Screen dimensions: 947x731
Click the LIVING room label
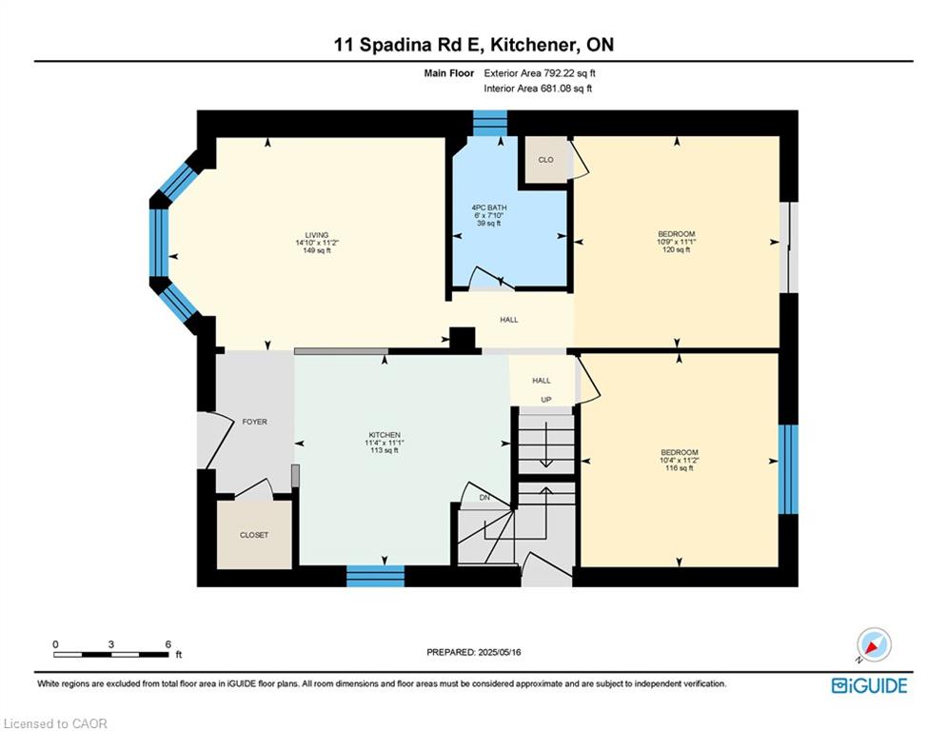[x=317, y=235]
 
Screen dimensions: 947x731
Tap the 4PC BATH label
[x=489, y=207]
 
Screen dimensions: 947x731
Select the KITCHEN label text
[x=385, y=435]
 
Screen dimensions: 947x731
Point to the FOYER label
[x=254, y=422]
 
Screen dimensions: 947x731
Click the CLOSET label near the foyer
[x=254, y=535]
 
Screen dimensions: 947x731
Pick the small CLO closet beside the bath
[x=546, y=160]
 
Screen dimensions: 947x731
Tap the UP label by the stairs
[x=546, y=400]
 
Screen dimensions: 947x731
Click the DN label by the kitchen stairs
[x=484, y=498]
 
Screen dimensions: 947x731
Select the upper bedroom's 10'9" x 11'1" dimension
[x=677, y=242]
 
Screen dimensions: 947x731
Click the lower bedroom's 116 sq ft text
[x=680, y=468]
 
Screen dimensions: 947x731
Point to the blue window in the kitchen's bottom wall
[x=375, y=576]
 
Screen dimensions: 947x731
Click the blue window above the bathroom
[x=490, y=123]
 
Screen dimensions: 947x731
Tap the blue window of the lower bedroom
[x=787, y=469]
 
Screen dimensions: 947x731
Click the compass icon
[x=874, y=644]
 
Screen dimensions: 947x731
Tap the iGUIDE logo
[x=869, y=685]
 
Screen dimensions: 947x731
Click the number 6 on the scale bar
[x=168, y=644]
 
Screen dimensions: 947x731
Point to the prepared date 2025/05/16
[x=499, y=652]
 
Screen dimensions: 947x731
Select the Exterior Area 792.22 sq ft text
[x=540, y=73]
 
